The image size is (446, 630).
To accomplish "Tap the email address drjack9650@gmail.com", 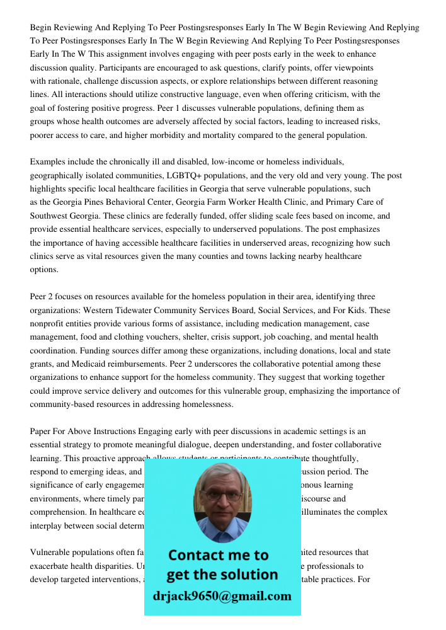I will [x=222, y=596].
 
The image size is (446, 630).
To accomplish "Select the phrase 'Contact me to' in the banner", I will [x=218, y=555].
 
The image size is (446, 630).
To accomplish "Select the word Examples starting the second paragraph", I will [x=48, y=163].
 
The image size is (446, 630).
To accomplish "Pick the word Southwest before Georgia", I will [x=50, y=216].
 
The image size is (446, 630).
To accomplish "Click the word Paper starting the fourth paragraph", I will [x=41, y=432].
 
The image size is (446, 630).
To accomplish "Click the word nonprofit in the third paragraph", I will [x=50, y=323].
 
